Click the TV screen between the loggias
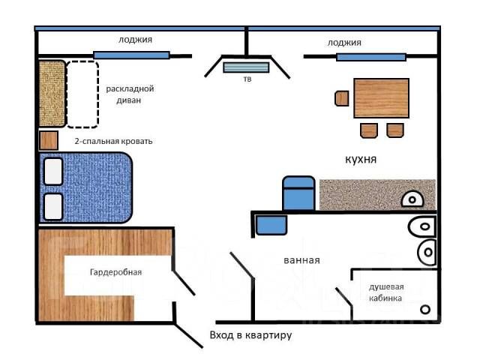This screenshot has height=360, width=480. pyautogui.click(x=246, y=67)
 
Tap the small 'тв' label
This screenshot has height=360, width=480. pyautogui.click(x=247, y=79)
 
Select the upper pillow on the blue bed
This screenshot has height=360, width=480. pyautogui.click(x=53, y=171)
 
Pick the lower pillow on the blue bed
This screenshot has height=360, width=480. pyautogui.click(x=53, y=207)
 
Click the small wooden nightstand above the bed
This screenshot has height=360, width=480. pyautogui.click(x=49, y=140)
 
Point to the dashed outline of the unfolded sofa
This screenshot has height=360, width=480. pyautogui.click(x=98, y=94)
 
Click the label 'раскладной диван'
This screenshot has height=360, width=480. pyautogui.click(x=130, y=94)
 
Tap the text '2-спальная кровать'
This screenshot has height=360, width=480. pyautogui.click(x=113, y=141)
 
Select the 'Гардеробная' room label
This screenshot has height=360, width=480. pyautogui.click(x=115, y=272)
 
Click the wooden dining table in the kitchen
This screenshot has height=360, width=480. pyautogui.click(x=382, y=98)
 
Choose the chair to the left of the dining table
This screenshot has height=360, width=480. pyautogui.click(x=342, y=98)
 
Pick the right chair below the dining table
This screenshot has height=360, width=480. pyautogui.click(x=395, y=130)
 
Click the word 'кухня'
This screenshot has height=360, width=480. pyautogui.click(x=361, y=159)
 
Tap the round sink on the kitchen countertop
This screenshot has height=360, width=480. pyautogui.click(x=412, y=199)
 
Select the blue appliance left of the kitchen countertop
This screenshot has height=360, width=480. pyautogui.click(x=298, y=193)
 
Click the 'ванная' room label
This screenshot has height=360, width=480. pyautogui.click(x=301, y=260)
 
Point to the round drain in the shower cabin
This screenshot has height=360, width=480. pyautogui.click(x=425, y=310)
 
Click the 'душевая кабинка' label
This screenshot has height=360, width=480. pyautogui.click(x=386, y=292)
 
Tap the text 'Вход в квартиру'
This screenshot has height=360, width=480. pyautogui.click(x=250, y=335)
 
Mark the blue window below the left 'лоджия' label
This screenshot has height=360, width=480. pyautogui.click(x=131, y=55)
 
